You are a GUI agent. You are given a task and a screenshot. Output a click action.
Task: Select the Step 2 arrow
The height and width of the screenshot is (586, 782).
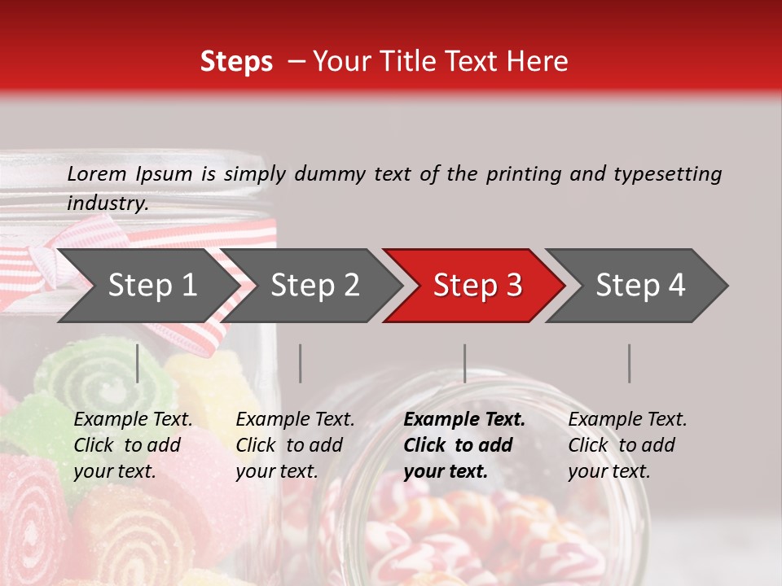tap(314, 286)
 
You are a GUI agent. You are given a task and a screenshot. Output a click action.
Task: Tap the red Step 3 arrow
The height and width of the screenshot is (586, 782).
tap(477, 286)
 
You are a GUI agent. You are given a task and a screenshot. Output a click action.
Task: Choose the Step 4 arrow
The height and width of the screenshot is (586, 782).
tap(639, 286)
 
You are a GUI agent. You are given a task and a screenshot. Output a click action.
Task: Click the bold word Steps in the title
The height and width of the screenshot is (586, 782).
tap(236, 61)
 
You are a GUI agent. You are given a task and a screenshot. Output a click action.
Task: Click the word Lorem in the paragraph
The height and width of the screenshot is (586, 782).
tap(97, 173)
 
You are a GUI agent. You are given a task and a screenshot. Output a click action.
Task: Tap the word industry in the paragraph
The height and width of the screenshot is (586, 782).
tap(108, 203)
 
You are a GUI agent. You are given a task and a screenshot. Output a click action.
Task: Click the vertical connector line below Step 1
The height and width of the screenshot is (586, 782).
tap(138, 363)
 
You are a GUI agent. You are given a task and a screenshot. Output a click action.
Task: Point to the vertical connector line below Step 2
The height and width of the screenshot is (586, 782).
tap(301, 363)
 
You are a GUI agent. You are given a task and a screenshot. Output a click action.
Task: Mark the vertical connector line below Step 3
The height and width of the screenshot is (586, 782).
tap(465, 363)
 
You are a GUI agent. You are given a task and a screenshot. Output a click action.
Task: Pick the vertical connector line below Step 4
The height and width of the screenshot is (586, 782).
tap(630, 363)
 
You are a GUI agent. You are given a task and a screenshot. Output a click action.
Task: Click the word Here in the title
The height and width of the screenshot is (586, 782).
tap(538, 61)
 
